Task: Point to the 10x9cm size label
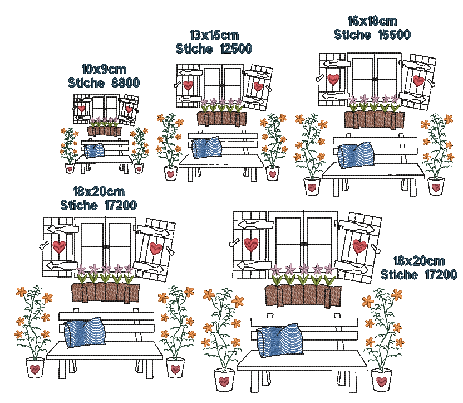(103, 69)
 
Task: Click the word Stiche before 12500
(194, 48)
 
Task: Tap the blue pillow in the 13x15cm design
(206, 147)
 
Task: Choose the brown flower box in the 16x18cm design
(373, 120)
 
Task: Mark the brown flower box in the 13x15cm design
(221, 119)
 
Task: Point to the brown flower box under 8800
(104, 131)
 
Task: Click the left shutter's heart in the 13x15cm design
(189, 86)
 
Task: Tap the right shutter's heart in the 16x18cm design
(418, 81)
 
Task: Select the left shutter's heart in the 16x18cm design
(333, 79)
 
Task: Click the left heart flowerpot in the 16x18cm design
(312, 186)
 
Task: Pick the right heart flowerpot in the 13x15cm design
(272, 173)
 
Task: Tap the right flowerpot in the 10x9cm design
(139, 168)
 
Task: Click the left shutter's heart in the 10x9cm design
(81, 108)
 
